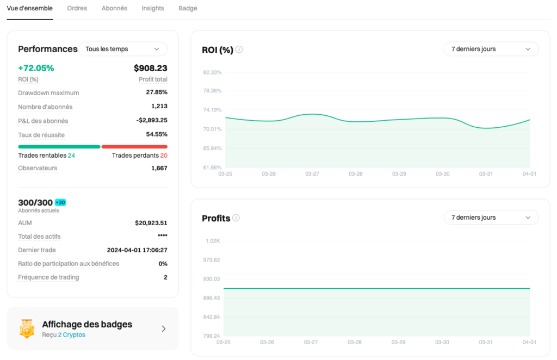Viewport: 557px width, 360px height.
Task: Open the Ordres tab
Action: (77, 9)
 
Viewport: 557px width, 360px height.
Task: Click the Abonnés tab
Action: (114, 9)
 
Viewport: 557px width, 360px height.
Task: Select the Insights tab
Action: (153, 9)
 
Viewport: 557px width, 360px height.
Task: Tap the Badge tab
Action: (188, 9)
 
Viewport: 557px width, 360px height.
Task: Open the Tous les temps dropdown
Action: (123, 49)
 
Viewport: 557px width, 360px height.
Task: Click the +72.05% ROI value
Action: (36, 68)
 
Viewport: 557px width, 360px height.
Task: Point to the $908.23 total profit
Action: (151, 68)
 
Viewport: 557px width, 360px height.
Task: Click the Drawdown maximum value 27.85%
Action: (157, 92)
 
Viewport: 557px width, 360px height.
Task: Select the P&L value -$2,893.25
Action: (152, 120)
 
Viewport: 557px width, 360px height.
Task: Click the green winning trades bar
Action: (59, 146)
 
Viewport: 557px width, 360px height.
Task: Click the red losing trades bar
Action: (134, 146)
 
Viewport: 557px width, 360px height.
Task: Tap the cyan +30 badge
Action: (60, 202)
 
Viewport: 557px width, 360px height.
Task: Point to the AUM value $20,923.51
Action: (151, 223)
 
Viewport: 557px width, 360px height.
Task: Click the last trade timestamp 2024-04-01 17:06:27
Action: (137, 250)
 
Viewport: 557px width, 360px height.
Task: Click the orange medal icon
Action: (27, 328)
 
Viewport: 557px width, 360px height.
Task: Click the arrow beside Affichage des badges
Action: (164, 328)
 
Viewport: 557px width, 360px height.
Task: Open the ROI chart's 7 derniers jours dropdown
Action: (491, 49)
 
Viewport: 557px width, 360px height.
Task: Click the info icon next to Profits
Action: (236, 218)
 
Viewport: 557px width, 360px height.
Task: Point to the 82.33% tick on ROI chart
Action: (212, 72)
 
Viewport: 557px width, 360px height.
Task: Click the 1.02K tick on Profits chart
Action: (213, 240)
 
